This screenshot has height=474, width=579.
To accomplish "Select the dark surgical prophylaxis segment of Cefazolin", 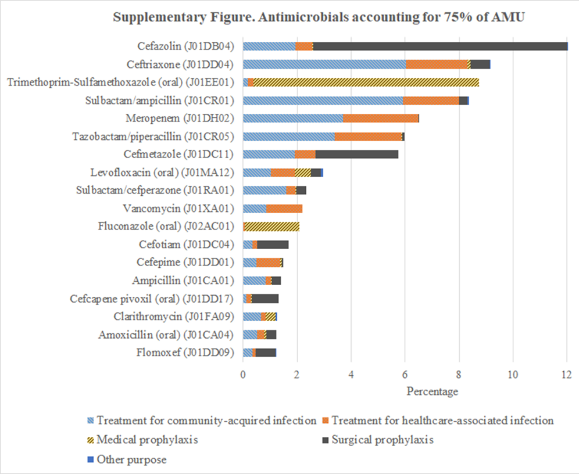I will [x=440, y=46].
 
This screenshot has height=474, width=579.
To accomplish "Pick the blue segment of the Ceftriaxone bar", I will [x=324, y=64].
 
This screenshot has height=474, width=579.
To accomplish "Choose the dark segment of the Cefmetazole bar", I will [x=356, y=155].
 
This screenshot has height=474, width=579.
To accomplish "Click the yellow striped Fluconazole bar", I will [x=271, y=227].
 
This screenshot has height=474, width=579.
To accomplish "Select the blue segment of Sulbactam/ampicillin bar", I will [x=323, y=100].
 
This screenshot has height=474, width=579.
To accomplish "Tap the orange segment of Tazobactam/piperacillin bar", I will [x=368, y=137].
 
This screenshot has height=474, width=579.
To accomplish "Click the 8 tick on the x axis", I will [x=459, y=374].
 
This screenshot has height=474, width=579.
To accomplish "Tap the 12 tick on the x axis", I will [x=567, y=374].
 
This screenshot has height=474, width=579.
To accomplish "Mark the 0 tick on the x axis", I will [x=243, y=374].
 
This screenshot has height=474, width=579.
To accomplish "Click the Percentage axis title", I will [x=432, y=391].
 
